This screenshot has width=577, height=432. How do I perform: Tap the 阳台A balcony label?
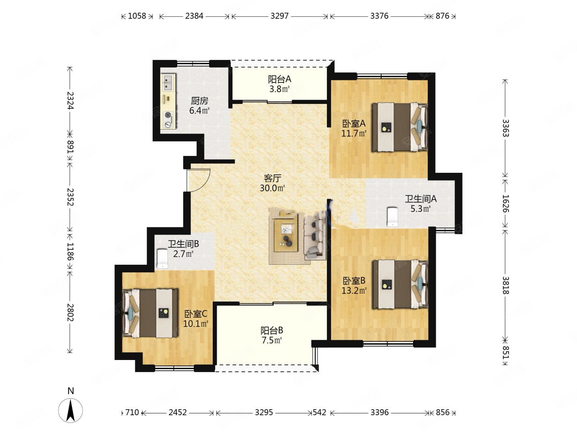coord(279,79)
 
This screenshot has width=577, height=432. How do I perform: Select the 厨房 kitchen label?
coord(200,101)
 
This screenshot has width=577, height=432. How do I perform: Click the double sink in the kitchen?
coord(168,82)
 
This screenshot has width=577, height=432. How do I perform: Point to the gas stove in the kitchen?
coord(168,120)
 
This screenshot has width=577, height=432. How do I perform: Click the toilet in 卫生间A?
coord(392,216)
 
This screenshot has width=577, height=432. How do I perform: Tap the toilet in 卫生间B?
coord(162,259)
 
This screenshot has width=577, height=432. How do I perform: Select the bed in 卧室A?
coord(399,127)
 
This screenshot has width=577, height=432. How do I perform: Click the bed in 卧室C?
coord(150,313)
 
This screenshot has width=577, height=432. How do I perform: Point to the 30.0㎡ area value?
coord(272,188)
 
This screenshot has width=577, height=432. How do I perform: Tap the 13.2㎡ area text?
coord(354,290)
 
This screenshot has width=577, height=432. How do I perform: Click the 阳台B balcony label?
coord(272,330)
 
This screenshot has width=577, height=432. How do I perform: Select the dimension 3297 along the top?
coord(279,16)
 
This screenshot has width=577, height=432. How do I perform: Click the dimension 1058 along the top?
coord(137,16)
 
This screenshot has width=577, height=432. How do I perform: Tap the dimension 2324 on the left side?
coord(70,100)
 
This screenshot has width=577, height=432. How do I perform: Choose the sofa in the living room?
coord(315,236)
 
